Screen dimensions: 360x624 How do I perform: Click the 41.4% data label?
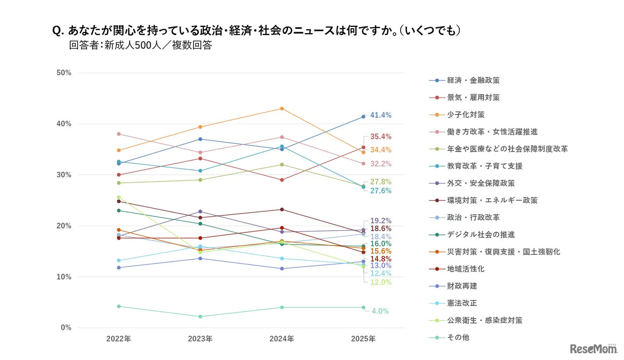tap(381, 115)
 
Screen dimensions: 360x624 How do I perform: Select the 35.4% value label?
tap(381, 136)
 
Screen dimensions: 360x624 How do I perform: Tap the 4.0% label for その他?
tap(380, 311)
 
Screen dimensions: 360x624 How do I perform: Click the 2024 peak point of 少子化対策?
tap(282, 109)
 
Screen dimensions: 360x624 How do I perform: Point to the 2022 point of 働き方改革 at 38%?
tap(118, 134)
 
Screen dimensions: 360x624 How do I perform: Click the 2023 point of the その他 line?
tap(200, 317)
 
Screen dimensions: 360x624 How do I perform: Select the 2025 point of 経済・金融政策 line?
tap(363, 116)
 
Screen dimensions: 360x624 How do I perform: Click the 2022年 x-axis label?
tap(118, 339)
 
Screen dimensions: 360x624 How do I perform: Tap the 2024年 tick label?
tap(282, 339)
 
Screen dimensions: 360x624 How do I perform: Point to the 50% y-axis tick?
tap(64, 73)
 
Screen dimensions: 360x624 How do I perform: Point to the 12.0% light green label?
tap(381, 283)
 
